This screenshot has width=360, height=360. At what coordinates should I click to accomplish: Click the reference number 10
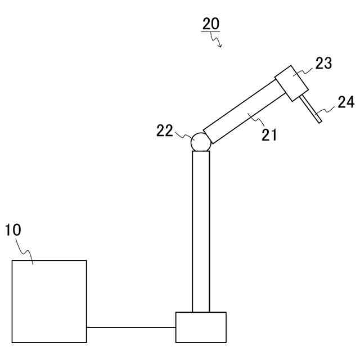tap(13, 230)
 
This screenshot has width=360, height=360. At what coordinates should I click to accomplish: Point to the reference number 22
tap(165, 130)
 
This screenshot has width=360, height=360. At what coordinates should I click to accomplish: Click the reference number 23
tap(323, 62)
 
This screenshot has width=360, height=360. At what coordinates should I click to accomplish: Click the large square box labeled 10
tap(49, 301)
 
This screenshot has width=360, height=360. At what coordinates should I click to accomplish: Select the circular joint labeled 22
tap(200, 142)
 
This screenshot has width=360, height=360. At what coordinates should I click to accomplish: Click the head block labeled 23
tap(292, 83)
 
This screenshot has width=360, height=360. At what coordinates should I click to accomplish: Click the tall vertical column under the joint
tap(201, 231)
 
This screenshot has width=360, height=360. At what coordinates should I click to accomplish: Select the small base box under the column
tap(201, 327)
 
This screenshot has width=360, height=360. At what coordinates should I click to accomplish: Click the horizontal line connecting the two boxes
tap(131, 327)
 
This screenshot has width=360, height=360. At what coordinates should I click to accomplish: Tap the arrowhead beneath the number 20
tap(220, 46)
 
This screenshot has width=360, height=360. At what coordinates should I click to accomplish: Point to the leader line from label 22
tap(183, 135)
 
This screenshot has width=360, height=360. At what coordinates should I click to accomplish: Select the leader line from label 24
tap(326, 109)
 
